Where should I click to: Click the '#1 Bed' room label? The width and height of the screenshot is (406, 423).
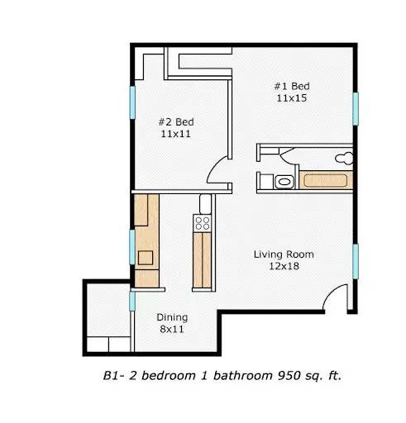292,85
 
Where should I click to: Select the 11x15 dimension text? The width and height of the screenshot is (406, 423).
292,97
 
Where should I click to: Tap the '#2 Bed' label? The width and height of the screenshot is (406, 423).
174,121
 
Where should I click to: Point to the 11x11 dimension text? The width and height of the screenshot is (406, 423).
174,133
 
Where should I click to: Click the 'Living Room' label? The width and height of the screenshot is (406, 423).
284,254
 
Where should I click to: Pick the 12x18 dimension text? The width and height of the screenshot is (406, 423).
284,267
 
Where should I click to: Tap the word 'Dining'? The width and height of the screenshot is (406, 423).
172,317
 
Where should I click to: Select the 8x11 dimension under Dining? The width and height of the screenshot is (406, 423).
172,330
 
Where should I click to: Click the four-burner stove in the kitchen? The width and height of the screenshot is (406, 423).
202,222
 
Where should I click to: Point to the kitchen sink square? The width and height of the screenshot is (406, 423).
146,257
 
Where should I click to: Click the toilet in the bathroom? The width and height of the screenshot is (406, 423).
348,156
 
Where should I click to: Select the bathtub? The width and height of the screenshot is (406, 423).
327,181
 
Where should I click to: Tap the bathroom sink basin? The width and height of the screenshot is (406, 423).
284,182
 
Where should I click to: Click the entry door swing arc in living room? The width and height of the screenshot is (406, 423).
337,296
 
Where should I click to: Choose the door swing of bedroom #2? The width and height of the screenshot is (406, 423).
219,171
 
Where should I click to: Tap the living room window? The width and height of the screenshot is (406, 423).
356,262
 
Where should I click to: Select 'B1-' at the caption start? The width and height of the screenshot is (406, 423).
113,376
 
